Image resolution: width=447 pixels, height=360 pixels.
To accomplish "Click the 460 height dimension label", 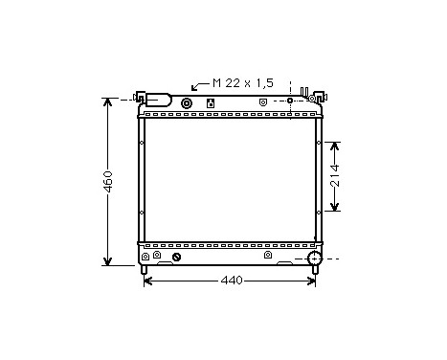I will point(108,181).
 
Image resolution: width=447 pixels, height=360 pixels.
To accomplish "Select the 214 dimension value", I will point(334,175).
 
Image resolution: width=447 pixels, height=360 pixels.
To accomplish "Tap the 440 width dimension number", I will point(231,281).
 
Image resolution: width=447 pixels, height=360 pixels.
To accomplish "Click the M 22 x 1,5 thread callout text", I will point(236,83).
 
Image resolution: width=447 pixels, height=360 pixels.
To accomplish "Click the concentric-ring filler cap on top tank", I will point(187,102).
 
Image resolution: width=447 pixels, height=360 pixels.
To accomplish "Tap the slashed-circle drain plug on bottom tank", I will point(176,257).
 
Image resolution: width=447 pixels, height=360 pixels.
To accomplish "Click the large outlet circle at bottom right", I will point(314,258).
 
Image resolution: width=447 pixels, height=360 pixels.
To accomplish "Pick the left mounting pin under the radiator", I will point(145,272).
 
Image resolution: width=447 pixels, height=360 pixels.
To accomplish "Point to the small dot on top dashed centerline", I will point(289,99).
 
